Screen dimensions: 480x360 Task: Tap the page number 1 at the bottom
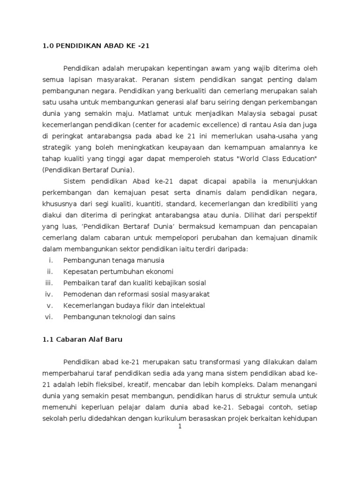coord(180,427)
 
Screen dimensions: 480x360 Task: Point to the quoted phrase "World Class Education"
coord(277,158)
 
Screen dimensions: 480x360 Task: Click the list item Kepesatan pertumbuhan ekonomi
coord(118,271)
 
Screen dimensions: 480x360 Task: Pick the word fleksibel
coord(116,384)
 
